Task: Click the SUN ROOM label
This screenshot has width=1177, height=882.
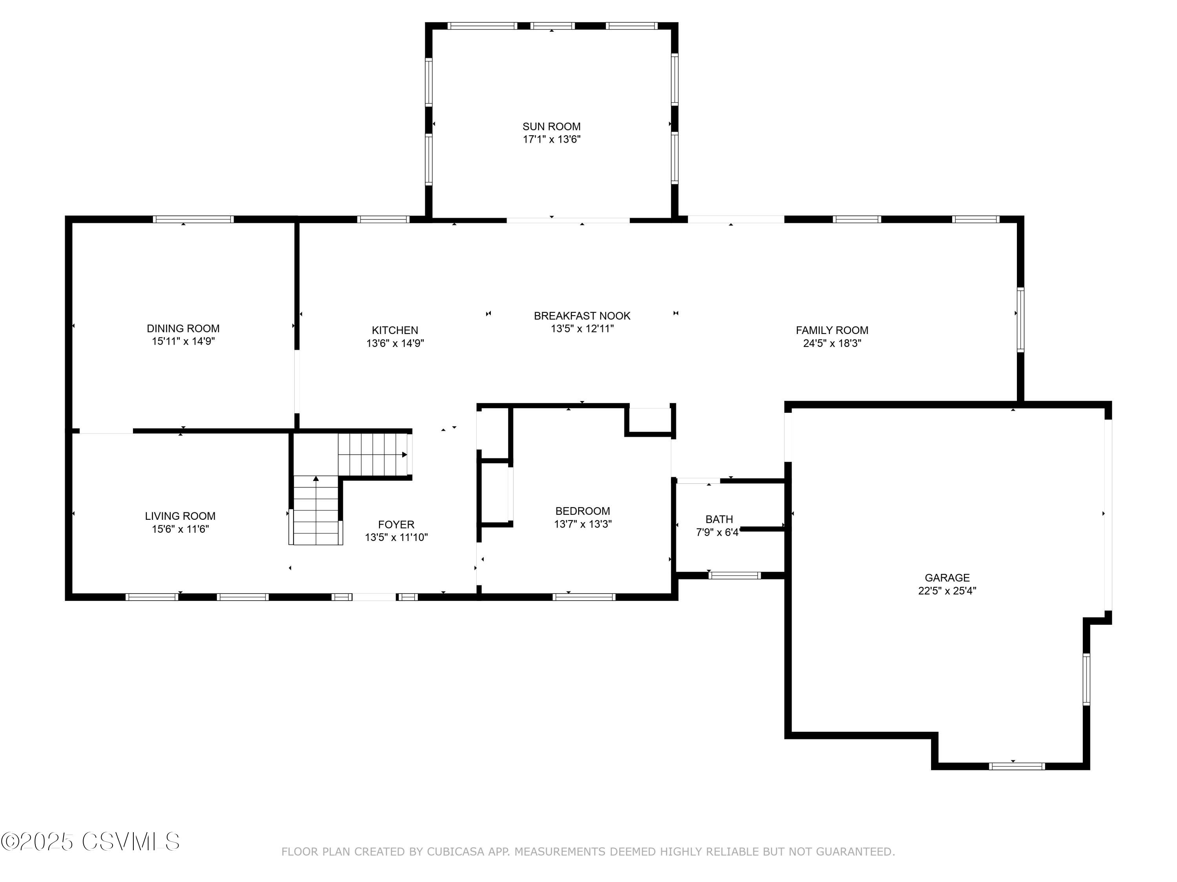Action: tap(551, 127)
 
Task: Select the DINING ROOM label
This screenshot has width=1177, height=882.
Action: tap(183, 328)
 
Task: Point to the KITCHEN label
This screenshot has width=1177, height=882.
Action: tap(395, 330)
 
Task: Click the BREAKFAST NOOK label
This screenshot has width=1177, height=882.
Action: tap(582, 316)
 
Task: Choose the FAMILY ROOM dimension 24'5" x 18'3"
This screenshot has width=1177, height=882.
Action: tap(832, 343)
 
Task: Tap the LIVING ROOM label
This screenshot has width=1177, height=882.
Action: tap(180, 516)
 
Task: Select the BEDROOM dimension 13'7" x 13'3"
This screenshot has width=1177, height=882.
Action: tap(583, 524)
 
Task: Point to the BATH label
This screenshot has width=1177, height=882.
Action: tap(719, 519)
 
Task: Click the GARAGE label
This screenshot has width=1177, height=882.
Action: tap(947, 577)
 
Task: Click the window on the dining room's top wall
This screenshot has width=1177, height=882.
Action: tap(193, 219)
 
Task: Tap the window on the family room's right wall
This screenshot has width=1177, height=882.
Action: tap(1020, 319)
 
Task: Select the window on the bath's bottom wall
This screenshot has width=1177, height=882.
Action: tap(734, 575)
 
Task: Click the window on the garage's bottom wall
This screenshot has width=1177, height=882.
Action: tap(1016, 766)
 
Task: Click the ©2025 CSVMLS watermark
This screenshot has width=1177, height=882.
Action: tap(91, 842)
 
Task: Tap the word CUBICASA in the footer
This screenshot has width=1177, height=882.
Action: tap(455, 852)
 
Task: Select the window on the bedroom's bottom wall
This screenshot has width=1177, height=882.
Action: tap(584, 597)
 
